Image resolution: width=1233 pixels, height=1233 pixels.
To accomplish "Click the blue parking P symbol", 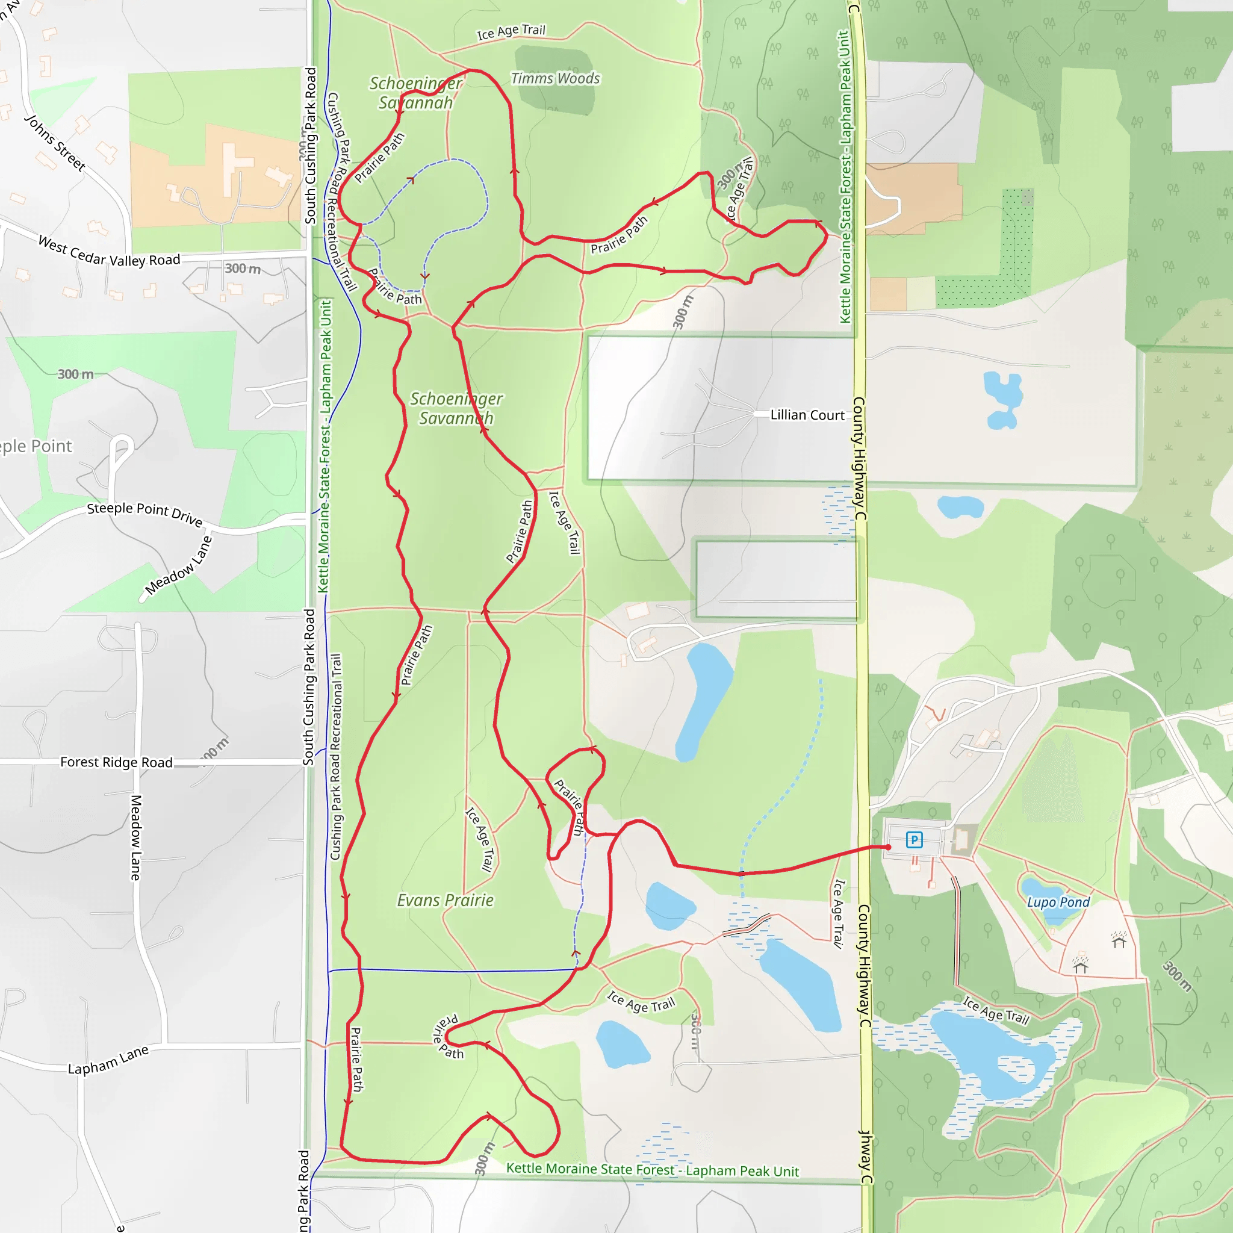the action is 914,840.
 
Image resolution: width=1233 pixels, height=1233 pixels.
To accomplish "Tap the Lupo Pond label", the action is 1058,902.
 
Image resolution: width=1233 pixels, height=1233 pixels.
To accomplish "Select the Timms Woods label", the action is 555,78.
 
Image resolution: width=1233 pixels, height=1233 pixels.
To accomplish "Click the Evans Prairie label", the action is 445,900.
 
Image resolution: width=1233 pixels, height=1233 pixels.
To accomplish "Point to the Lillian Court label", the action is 807,415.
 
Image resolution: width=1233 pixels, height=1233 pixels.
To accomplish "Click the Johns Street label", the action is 55,143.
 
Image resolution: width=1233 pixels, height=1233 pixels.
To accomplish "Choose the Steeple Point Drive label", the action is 145,512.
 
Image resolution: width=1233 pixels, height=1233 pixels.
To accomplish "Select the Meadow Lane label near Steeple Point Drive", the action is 178,565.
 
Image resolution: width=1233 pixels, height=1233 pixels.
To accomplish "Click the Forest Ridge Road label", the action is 116,762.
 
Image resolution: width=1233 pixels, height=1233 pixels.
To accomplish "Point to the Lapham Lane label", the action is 108,1060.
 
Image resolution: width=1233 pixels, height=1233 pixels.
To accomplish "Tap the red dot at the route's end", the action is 888,847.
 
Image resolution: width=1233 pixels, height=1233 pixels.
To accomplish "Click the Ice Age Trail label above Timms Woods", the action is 511,31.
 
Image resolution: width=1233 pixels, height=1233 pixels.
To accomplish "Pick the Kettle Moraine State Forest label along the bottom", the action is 652,1169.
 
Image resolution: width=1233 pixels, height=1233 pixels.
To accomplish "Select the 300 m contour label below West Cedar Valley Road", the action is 243,269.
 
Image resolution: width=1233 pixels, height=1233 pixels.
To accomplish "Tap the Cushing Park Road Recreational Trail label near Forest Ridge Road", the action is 337,756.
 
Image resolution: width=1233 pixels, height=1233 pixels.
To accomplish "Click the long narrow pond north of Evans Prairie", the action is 702,702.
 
